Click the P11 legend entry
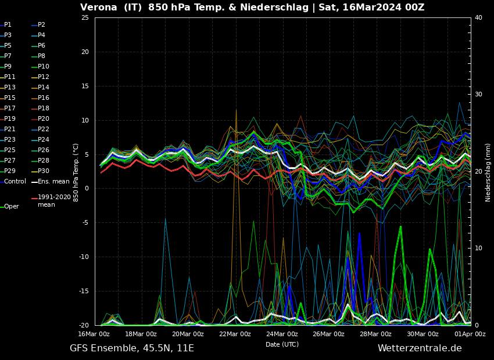10,77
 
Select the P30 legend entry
44,171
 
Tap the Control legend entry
15,181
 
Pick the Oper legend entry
11,206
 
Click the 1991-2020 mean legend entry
54,200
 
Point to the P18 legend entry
44,108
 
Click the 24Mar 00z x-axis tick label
282,334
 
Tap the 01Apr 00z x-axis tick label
470,334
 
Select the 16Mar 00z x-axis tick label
94,334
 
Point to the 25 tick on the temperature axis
85,18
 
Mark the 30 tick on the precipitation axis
479,95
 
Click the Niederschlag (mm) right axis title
488,172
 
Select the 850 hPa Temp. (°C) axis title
76,172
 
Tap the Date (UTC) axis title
282,344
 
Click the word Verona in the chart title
98,8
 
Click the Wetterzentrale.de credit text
419,348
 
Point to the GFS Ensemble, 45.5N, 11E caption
131,348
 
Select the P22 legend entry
44,129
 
